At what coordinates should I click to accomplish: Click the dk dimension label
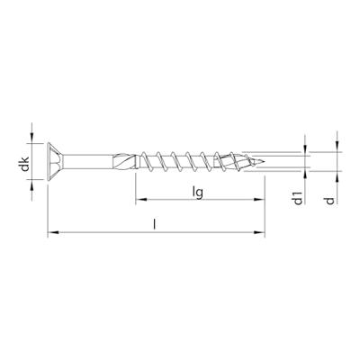click(x=25, y=164)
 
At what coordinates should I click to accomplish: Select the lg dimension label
click(x=198, y=192)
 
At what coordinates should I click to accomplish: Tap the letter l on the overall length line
click(x=154, y=224)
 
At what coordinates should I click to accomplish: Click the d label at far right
click(x=330, y=201)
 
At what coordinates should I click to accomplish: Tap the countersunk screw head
click(x=56, y=162)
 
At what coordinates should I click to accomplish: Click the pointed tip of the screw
click(x=264, y=162)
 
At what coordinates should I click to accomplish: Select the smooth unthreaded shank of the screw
click(x=88, y=162)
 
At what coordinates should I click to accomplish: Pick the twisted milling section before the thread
click(x=124, y=162)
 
